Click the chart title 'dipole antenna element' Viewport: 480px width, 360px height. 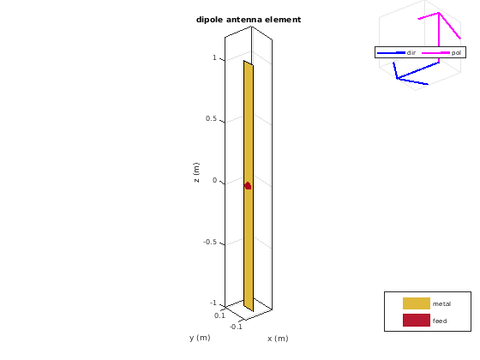click(249, 20)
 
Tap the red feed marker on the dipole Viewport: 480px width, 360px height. click(248, 185)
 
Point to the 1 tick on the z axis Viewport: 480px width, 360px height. click(214, 57)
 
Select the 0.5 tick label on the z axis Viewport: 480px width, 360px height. click(211, 118)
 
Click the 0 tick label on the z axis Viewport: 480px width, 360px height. click(214, 180)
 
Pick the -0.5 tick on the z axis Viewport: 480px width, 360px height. click(210, 242)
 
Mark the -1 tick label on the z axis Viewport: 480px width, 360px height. click(213, 303)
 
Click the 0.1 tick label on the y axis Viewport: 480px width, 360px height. click(219, 315)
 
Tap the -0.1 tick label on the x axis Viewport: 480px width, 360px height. click(236, 327)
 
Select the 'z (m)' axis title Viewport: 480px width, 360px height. click(196, 172)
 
